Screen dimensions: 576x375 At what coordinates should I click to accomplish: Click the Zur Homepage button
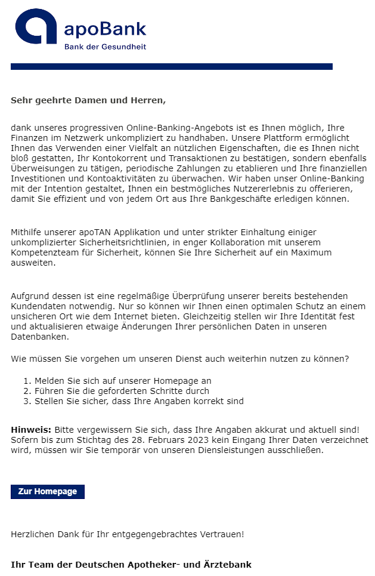point(48,492)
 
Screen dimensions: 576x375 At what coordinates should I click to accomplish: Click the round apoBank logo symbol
point(36,30)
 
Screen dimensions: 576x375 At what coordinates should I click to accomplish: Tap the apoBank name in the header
point(104,28)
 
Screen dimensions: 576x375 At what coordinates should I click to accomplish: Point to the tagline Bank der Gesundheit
point(105,47)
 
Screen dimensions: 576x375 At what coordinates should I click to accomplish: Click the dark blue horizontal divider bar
point(172,67)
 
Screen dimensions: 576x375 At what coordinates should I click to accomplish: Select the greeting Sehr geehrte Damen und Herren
point(88,100)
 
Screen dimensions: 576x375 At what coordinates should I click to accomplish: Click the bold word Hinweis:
point(31,430)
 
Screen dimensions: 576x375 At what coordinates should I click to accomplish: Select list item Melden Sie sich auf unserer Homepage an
point(123,381)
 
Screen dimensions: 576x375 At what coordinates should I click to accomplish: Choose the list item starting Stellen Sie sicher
point(139,401)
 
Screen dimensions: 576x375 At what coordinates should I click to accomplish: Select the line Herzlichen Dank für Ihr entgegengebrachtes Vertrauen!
point(127,534)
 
